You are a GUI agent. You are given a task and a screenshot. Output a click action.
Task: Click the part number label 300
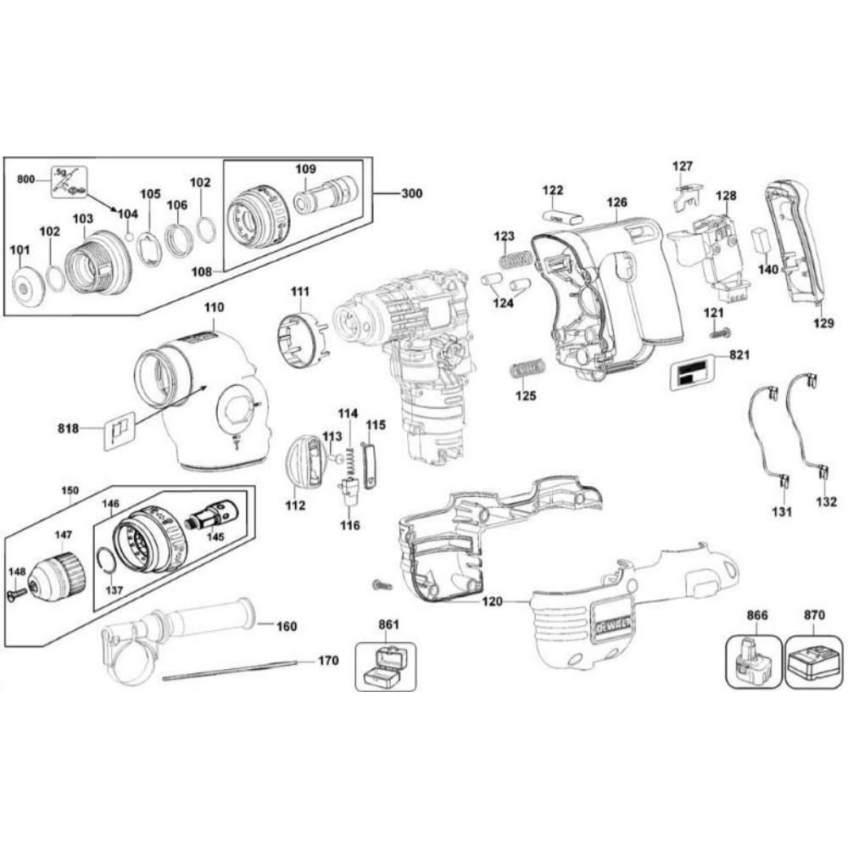click(x=411, y=193)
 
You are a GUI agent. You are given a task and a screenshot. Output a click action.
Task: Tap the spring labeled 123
click(x=510, y=259)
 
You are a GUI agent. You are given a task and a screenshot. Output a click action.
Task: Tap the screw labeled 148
click(x=14, y=596)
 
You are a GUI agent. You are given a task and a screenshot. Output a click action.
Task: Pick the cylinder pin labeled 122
click(x=561, y=215)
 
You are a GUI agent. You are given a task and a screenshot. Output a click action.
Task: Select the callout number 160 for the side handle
click(x=287, y=627)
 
